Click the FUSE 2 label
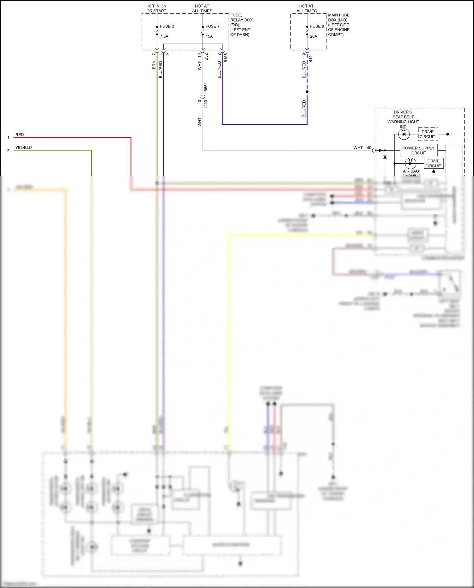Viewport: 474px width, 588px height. point(167,26)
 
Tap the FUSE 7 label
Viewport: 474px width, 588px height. point(212,26)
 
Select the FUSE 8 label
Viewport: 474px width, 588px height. point(317,26)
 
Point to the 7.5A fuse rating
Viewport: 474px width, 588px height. point(164,36)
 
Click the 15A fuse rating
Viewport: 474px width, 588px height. point(209,36)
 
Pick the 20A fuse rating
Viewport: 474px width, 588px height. point(313,36)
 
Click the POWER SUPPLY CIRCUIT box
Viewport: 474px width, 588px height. point(418,150)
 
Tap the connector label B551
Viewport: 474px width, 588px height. point(206,87)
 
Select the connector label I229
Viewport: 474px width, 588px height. point(206,104)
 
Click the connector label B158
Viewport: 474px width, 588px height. point(226,58)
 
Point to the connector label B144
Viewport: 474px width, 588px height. point(311,58)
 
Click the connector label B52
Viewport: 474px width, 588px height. point(206,57)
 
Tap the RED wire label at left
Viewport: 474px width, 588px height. point(20,135)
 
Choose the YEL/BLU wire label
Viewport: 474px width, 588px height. point(24,148)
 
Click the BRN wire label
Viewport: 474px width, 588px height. point(154,65)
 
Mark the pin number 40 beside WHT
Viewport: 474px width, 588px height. point(369,148)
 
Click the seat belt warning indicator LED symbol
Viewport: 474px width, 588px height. point(404,134)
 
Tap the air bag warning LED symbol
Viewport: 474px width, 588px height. point(410,163)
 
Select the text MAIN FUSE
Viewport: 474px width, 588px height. point(338,15)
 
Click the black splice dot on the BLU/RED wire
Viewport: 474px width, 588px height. point(307,92)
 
